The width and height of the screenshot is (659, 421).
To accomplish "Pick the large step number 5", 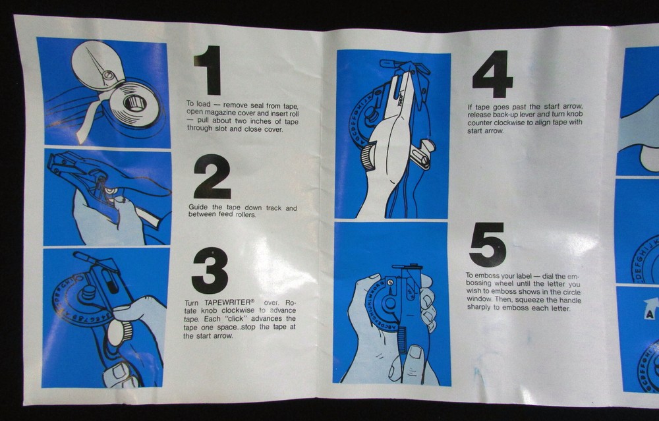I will tap(488, 245).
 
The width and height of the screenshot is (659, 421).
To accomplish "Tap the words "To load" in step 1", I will tap(198, 104).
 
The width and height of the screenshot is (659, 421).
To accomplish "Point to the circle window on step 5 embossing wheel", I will tap(389, 283).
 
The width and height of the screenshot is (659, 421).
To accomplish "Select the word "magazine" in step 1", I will tap(224, 113).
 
